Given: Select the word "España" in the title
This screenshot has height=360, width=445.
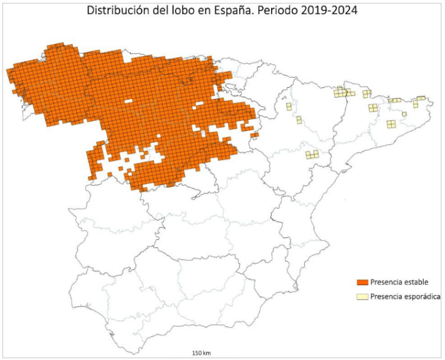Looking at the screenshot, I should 236,11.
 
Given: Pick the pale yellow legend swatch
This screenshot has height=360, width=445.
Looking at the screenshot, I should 360,296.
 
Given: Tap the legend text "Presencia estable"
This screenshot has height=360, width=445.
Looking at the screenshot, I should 400,283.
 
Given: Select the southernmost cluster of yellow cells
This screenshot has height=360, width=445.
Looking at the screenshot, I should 312,154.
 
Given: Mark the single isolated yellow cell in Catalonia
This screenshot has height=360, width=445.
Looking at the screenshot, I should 404,114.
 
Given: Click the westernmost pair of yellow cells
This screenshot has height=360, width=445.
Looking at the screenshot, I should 289,107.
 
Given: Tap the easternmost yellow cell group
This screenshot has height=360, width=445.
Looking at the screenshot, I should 421,98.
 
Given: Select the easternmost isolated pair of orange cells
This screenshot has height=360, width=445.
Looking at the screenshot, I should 254,134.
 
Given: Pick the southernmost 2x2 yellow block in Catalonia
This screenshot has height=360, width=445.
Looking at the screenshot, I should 391,124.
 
